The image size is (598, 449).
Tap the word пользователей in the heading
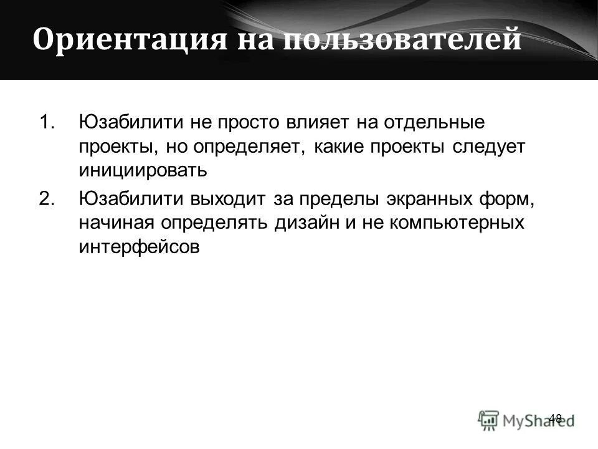click(x=401, y=39)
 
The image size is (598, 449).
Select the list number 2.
click(x=47, y=199)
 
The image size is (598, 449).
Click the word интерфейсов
click(x=140, y=247)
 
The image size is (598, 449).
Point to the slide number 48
click(x=556, y=418)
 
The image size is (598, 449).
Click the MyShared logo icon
click(x=488, y=420)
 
